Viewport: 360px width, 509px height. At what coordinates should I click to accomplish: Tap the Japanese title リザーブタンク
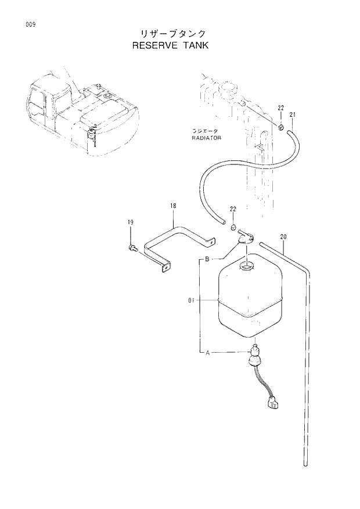[170, 34]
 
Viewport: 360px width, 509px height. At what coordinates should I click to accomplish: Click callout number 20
[283, 236]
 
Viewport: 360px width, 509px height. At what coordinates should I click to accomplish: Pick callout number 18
[173, 206]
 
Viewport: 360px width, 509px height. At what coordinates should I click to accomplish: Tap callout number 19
[131, 223]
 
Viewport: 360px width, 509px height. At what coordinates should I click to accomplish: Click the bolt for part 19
[132, 249]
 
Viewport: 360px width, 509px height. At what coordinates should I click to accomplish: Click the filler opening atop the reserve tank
[247, 266]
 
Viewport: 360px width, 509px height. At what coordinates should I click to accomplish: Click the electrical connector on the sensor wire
[272, 403]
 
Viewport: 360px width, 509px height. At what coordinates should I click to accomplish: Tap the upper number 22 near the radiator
[280, 108]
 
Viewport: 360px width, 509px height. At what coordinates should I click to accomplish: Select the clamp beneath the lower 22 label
[232, 226]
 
